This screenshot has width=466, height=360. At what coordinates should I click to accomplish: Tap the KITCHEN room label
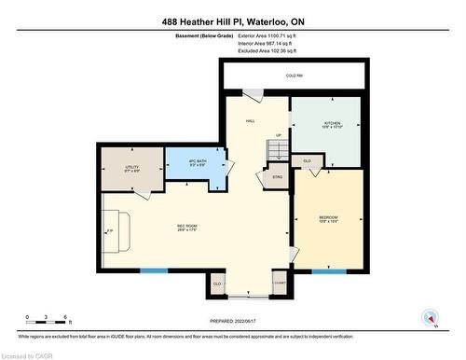point(332,124)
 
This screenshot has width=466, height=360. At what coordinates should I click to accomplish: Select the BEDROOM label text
point(329,218)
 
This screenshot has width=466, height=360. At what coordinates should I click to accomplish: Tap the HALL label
point(251,121)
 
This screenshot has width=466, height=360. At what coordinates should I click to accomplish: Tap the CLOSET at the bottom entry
point(279,284)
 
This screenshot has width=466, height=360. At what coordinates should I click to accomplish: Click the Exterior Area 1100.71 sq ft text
point(271,35)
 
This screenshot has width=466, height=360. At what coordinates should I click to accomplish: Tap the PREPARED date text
point(232,322)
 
